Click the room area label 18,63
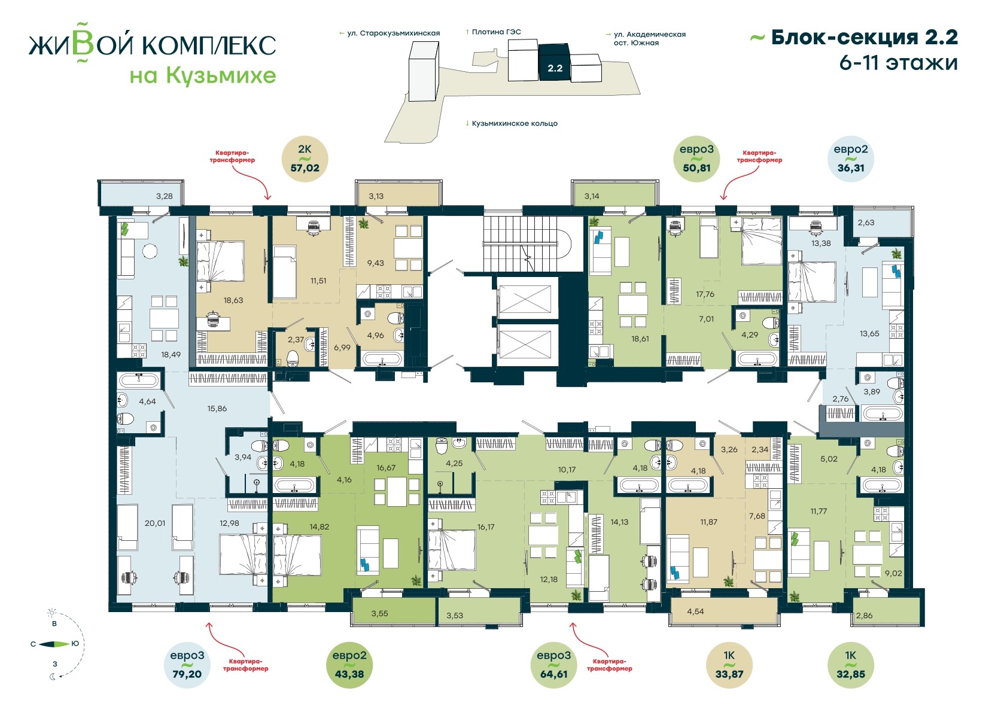click(233, 300)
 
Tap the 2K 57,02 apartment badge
click(305, 159)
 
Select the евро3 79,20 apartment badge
click(187, 665)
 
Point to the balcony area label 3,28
click(164, 196)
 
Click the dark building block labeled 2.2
click(555, 62)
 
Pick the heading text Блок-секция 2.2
click(865, 38)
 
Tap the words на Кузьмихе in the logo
click(203, 75)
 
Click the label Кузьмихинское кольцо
click(515, 123)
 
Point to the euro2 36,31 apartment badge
click(851, 159)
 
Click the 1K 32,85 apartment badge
click(851, 665)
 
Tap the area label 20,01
click(154, 523)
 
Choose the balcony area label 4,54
click(695, 611)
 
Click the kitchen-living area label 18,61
click(640, 339)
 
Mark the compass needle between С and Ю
click(54, 644)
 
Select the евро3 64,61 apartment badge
click(554, 665)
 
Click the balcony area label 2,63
click(866, 223)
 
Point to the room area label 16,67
click(386, 468)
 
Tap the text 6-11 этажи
click(898, 63)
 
